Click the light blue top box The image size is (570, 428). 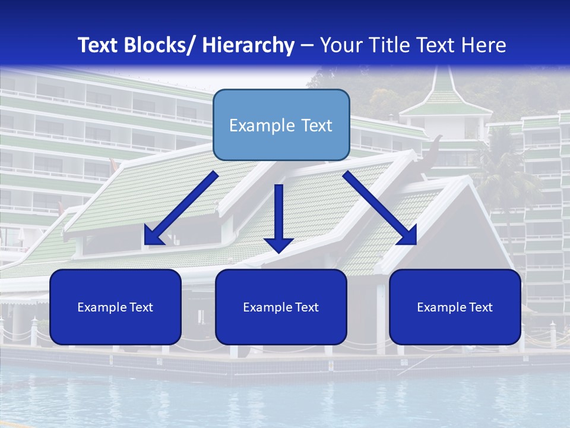click(281, 125)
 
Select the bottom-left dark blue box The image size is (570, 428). click(115, 307)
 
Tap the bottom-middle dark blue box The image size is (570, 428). click(281, 307)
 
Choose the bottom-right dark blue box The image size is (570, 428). click(455, 307)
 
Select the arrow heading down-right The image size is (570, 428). click(380, 209)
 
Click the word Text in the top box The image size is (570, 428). click(315, 125)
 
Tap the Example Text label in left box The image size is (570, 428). click(115, 307)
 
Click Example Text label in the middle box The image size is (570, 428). click(281, 307)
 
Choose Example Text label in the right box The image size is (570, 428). click(455, 307)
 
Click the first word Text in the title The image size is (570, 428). click(98, 45)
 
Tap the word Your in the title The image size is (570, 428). click(340, 45)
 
